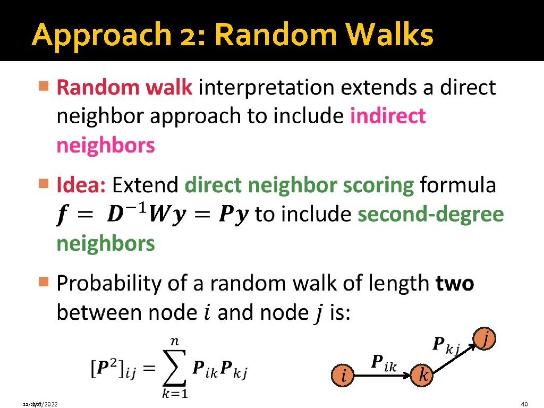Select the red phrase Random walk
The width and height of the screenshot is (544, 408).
click(124, 88)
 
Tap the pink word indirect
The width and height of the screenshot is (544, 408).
click(388, 116)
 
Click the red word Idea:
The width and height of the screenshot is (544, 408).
click(82, 185)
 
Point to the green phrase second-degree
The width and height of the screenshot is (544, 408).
click(431, 214)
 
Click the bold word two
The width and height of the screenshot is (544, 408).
click(455, 284)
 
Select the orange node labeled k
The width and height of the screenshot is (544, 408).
click(423, 376)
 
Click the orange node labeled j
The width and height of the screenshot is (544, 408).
click(486, 338)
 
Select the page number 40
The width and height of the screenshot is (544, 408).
click(525, 404)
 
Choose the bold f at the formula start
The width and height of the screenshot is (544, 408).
click(63, 215)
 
